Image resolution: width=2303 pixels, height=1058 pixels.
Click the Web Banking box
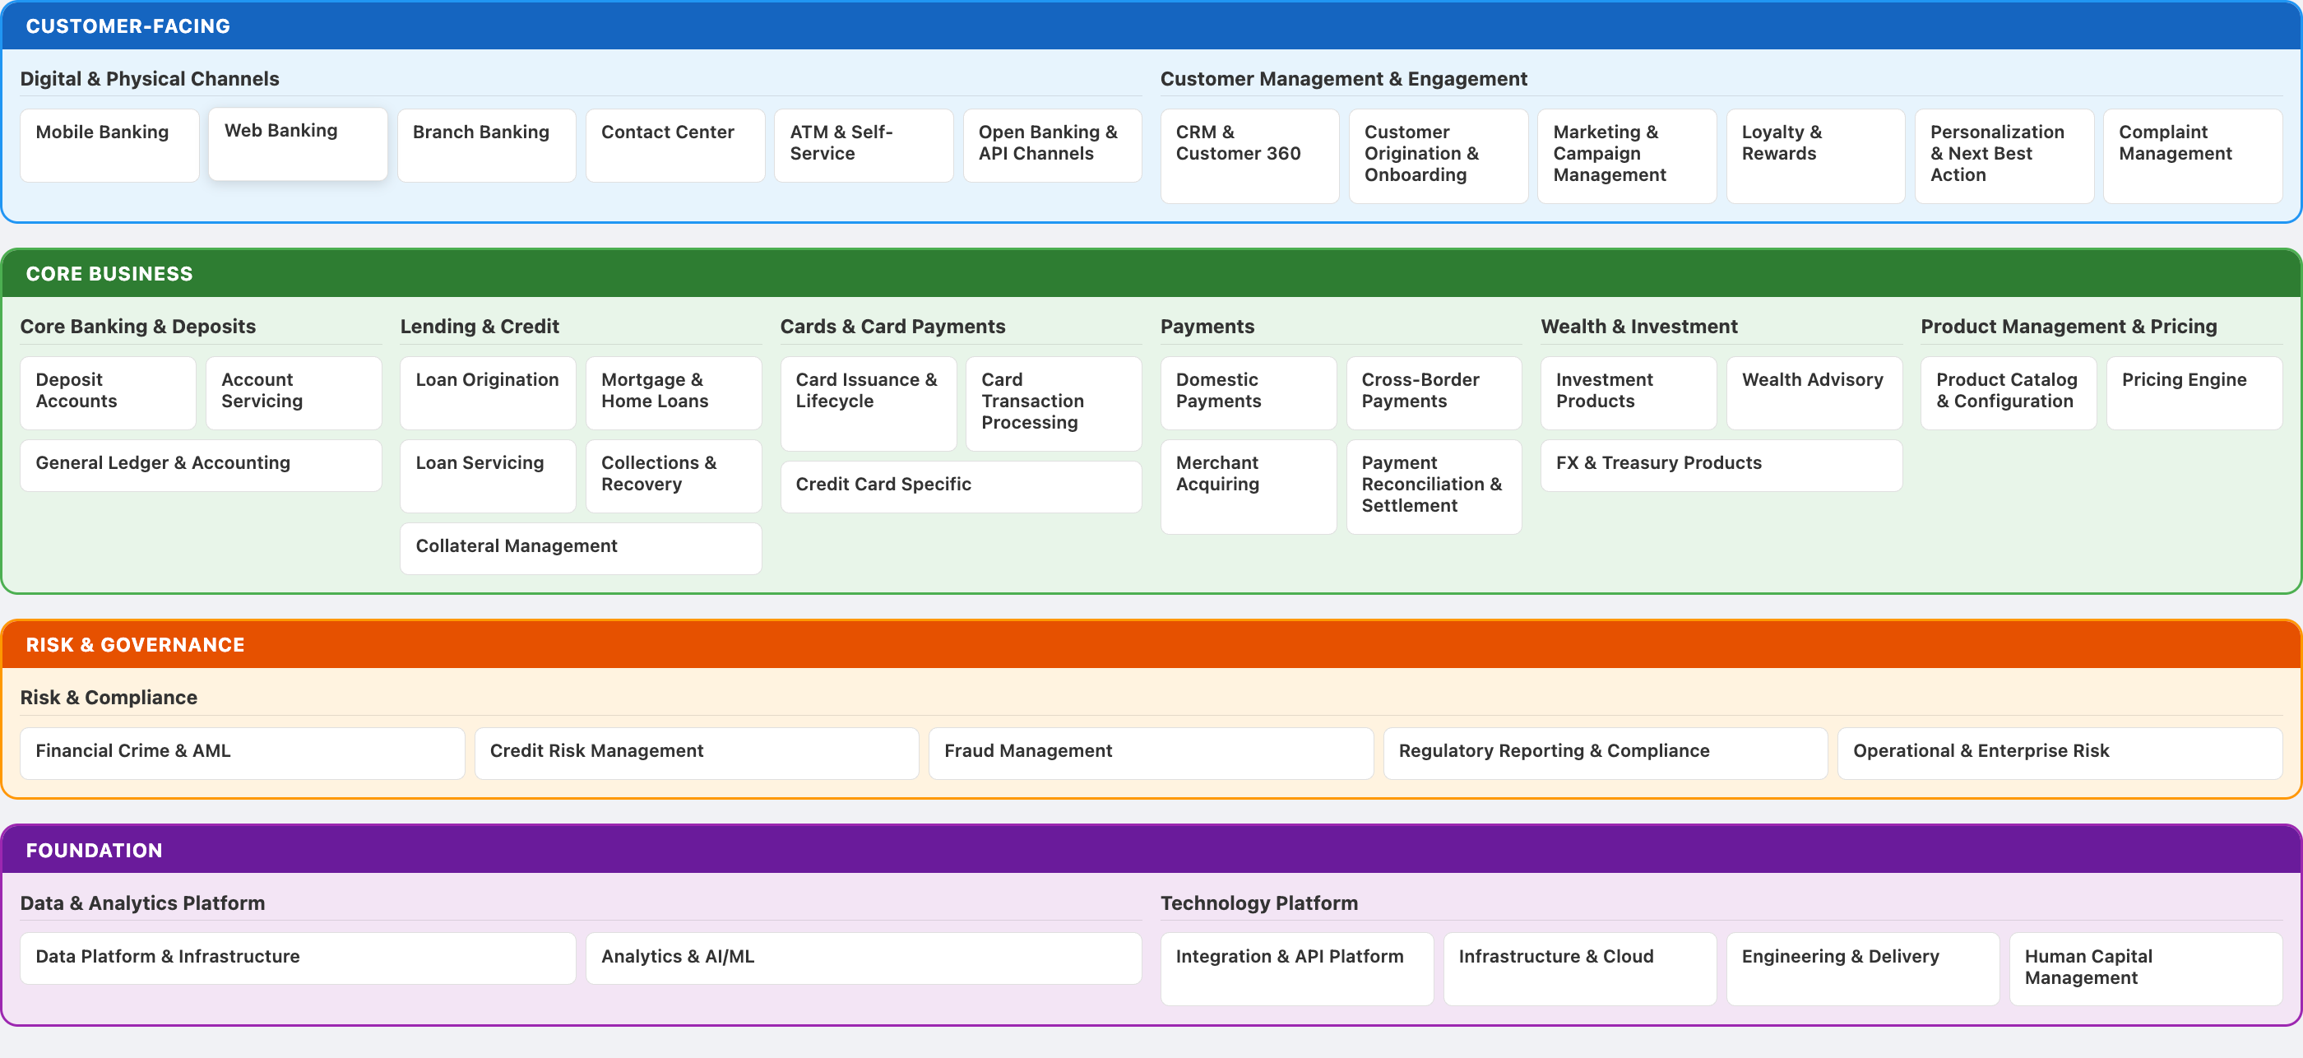(x=298, y=144)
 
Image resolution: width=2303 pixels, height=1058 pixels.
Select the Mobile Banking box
(x=109, y=146)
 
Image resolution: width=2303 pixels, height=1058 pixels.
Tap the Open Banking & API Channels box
(x=1051, y=146)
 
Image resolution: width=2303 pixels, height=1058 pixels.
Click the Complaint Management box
(x=2191, y=155)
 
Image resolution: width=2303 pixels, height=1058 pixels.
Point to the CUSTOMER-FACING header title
(x=127, y=26)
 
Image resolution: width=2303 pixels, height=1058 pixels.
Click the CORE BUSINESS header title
(x=109, y=274)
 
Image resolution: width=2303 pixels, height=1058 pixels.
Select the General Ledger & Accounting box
(x=200, y=464)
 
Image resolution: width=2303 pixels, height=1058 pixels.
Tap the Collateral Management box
(x=580, y=547)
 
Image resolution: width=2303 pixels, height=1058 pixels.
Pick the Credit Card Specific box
(x=960, y=485)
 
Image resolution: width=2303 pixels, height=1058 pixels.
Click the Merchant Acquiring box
(x=1247, y=485)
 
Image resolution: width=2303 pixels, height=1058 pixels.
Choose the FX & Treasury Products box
(x=1720, y=464)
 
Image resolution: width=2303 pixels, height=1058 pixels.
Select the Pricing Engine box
(x=2193, y=392)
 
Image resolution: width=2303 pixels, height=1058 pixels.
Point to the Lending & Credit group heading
(x=480, y=327)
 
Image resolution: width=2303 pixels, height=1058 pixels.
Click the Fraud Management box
(x=1150, y=752)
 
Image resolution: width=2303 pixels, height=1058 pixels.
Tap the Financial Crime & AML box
(x=241, y=752)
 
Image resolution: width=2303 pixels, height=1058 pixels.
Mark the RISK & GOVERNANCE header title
(x=135, y=645)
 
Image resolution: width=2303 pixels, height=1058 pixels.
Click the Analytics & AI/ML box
(x=863, y=958)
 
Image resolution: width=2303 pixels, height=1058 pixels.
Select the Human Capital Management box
(x=2145, y=968)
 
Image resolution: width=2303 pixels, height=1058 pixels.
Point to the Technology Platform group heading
(x=1258, y=903)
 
